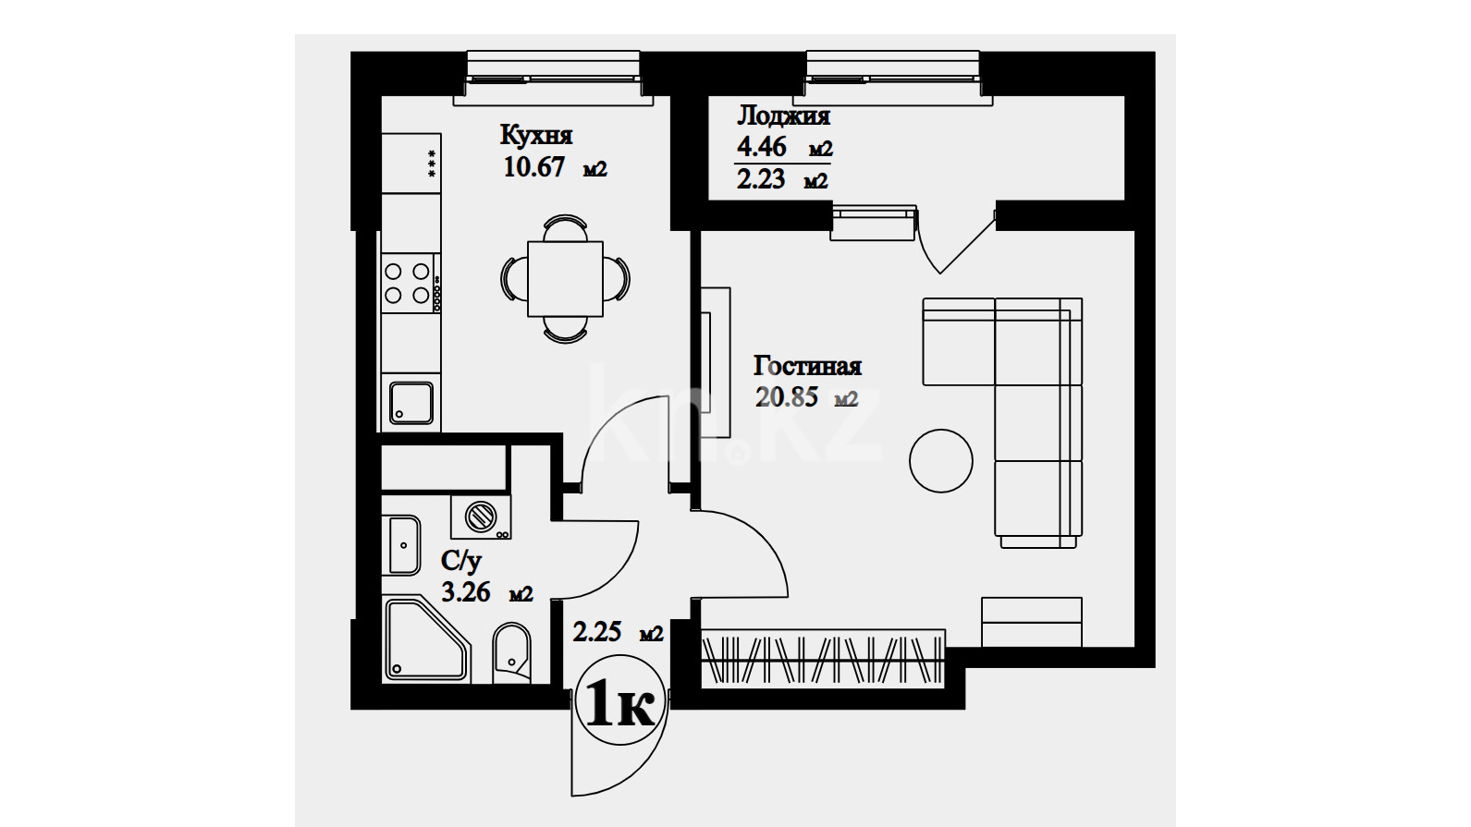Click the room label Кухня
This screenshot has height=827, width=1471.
(536, 135)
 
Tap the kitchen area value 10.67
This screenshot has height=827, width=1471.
(533, 166)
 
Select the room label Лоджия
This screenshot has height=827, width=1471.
(783, 116)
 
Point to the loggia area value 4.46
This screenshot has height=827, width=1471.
(761, 146)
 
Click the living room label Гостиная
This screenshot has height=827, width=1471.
(807, 366)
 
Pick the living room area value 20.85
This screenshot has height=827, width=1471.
(787, 396)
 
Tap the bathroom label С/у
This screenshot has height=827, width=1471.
(461, 561)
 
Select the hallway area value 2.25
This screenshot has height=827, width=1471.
(597, 632)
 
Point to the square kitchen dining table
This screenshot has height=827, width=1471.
(566, 279)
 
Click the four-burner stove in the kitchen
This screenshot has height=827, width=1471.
(407, 283)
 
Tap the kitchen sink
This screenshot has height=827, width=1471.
(411, 403)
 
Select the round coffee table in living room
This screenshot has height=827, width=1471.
(941, 461)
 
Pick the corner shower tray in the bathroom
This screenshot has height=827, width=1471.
(427, 640)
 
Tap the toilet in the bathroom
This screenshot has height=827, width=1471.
(511, 651)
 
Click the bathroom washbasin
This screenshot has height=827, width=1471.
(403, 545)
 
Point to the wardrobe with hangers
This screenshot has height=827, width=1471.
(824, 659)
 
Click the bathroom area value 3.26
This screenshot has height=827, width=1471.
(466, 592)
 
